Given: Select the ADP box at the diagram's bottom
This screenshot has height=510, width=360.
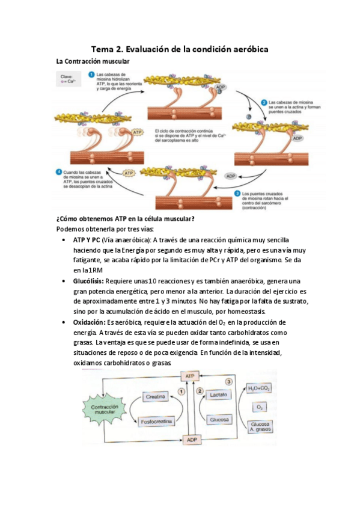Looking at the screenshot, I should (x=191, y=439).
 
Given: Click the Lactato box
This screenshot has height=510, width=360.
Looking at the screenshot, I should (x=219, y=395).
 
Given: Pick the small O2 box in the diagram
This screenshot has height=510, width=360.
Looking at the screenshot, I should (x=260, y=407).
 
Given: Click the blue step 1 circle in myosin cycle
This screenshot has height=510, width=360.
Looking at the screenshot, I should (x=91, y=75).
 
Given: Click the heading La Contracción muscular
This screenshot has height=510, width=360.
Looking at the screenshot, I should (x=92, y=61).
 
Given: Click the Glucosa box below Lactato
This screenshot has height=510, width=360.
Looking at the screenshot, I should (x=219, y=419).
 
